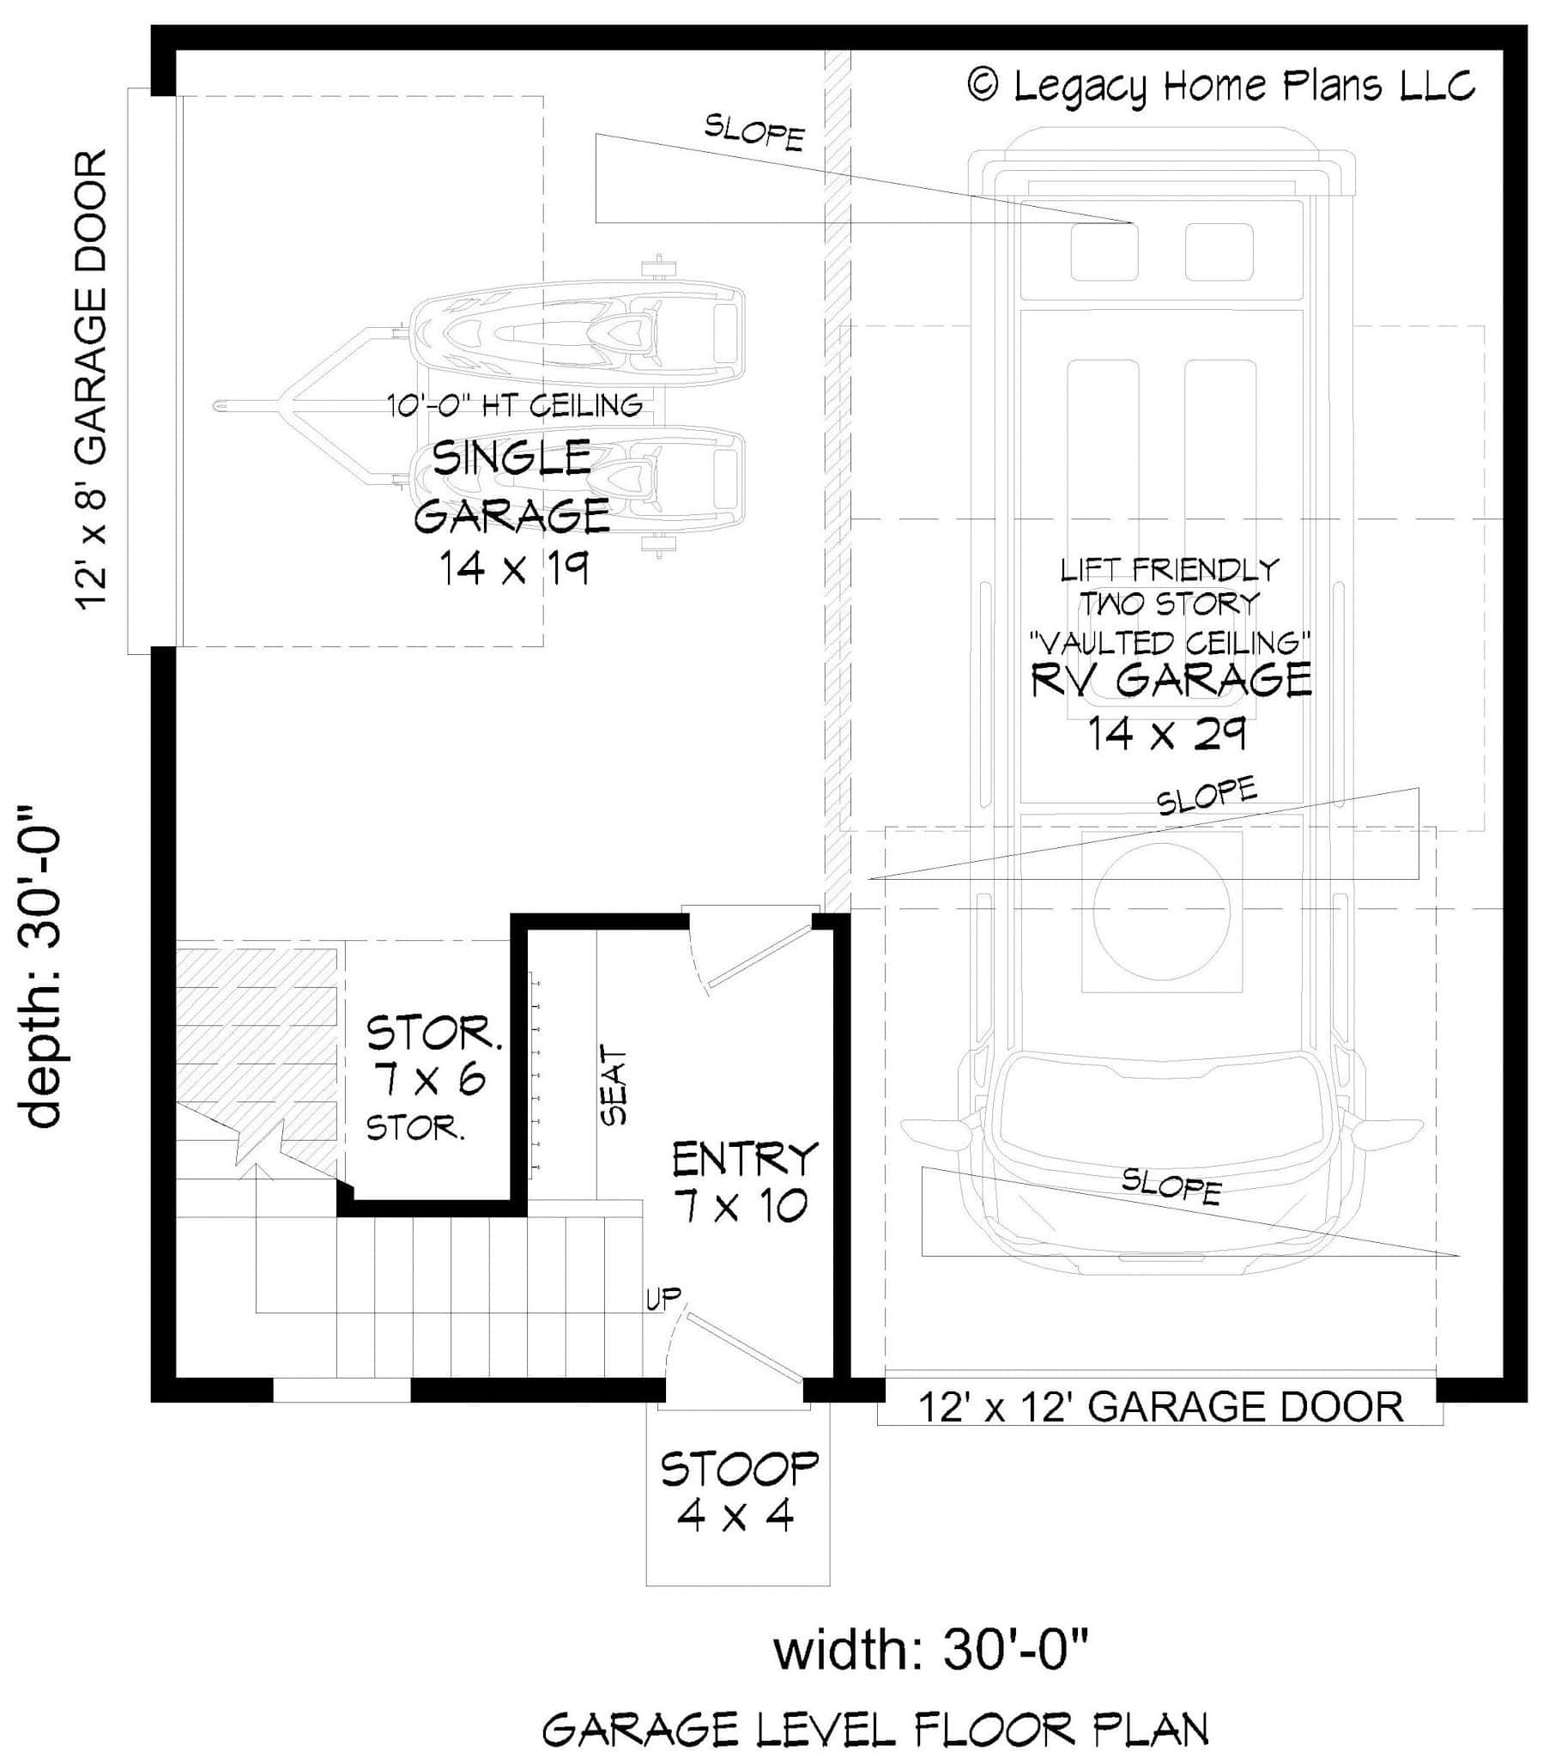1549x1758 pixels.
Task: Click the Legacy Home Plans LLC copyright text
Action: point(1221,86)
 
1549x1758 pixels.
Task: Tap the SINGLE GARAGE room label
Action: point(512,487)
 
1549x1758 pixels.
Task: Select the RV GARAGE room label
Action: point(1171,681)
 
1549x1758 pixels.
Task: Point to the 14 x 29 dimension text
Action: point(1167,734)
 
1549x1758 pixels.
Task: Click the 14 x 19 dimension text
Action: point(514,568)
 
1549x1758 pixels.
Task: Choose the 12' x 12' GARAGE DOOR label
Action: point(1160,1408)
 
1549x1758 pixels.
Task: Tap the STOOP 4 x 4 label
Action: point(738,1492)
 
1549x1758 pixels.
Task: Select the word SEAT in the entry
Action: point(614,1084)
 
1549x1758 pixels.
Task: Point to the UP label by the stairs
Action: point(663,1300)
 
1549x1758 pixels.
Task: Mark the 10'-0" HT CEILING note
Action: point(514,405)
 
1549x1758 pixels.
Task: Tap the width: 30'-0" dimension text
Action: point(930,1651)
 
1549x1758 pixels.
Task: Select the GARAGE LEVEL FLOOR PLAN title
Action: point(874,1729)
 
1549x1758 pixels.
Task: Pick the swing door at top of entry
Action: point(757,954)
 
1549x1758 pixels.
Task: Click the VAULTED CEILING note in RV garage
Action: point(1170,642)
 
